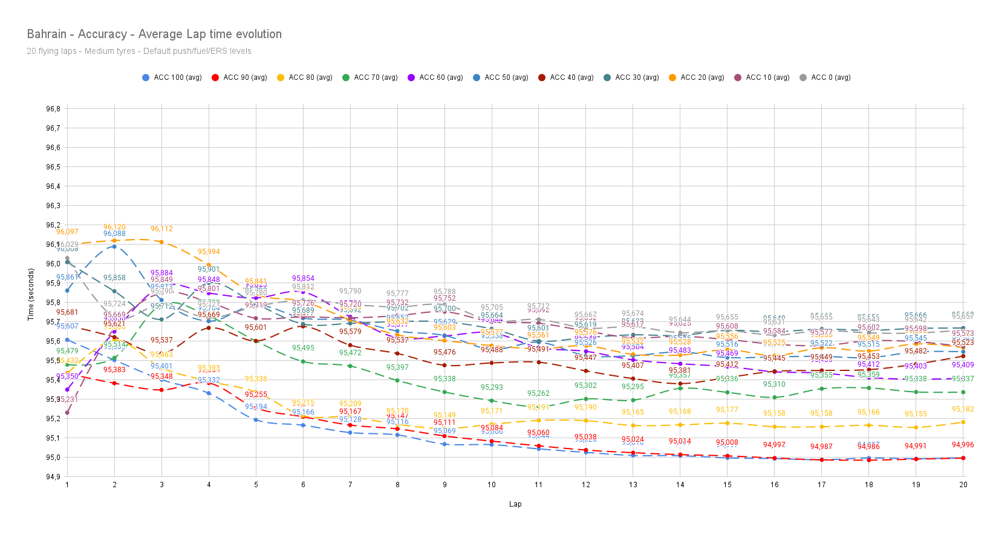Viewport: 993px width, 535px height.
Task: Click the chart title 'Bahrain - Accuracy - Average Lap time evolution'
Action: click(x=154, y=34)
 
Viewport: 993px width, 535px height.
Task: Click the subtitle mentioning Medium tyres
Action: click(x=138, y=51)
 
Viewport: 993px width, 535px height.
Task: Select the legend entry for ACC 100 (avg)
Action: click(x=172, y=77)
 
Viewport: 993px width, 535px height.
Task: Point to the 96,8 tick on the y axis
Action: click(x=53, y=109)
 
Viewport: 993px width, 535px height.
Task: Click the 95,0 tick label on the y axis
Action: click(x=53, y=458)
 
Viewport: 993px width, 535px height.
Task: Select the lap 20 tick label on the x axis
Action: click(x=963, y=485)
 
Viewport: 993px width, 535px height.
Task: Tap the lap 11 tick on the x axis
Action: click(x=538, y=485)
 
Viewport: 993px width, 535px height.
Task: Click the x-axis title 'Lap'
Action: click(x=515, y=504)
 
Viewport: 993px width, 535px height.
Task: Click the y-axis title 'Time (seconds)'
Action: click(x=31, y=294)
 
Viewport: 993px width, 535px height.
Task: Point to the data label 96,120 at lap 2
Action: click(x=114, y=227)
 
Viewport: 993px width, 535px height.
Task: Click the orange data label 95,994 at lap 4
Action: click(x=209, y=252)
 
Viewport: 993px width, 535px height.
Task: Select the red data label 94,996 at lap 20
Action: click(x=963, y=445)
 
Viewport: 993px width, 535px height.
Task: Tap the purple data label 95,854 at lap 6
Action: click(x=303, y=278)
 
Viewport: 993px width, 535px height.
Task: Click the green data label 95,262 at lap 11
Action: click(x=538, y=393)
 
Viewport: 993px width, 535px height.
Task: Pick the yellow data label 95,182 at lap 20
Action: click(x=963, y=409)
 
